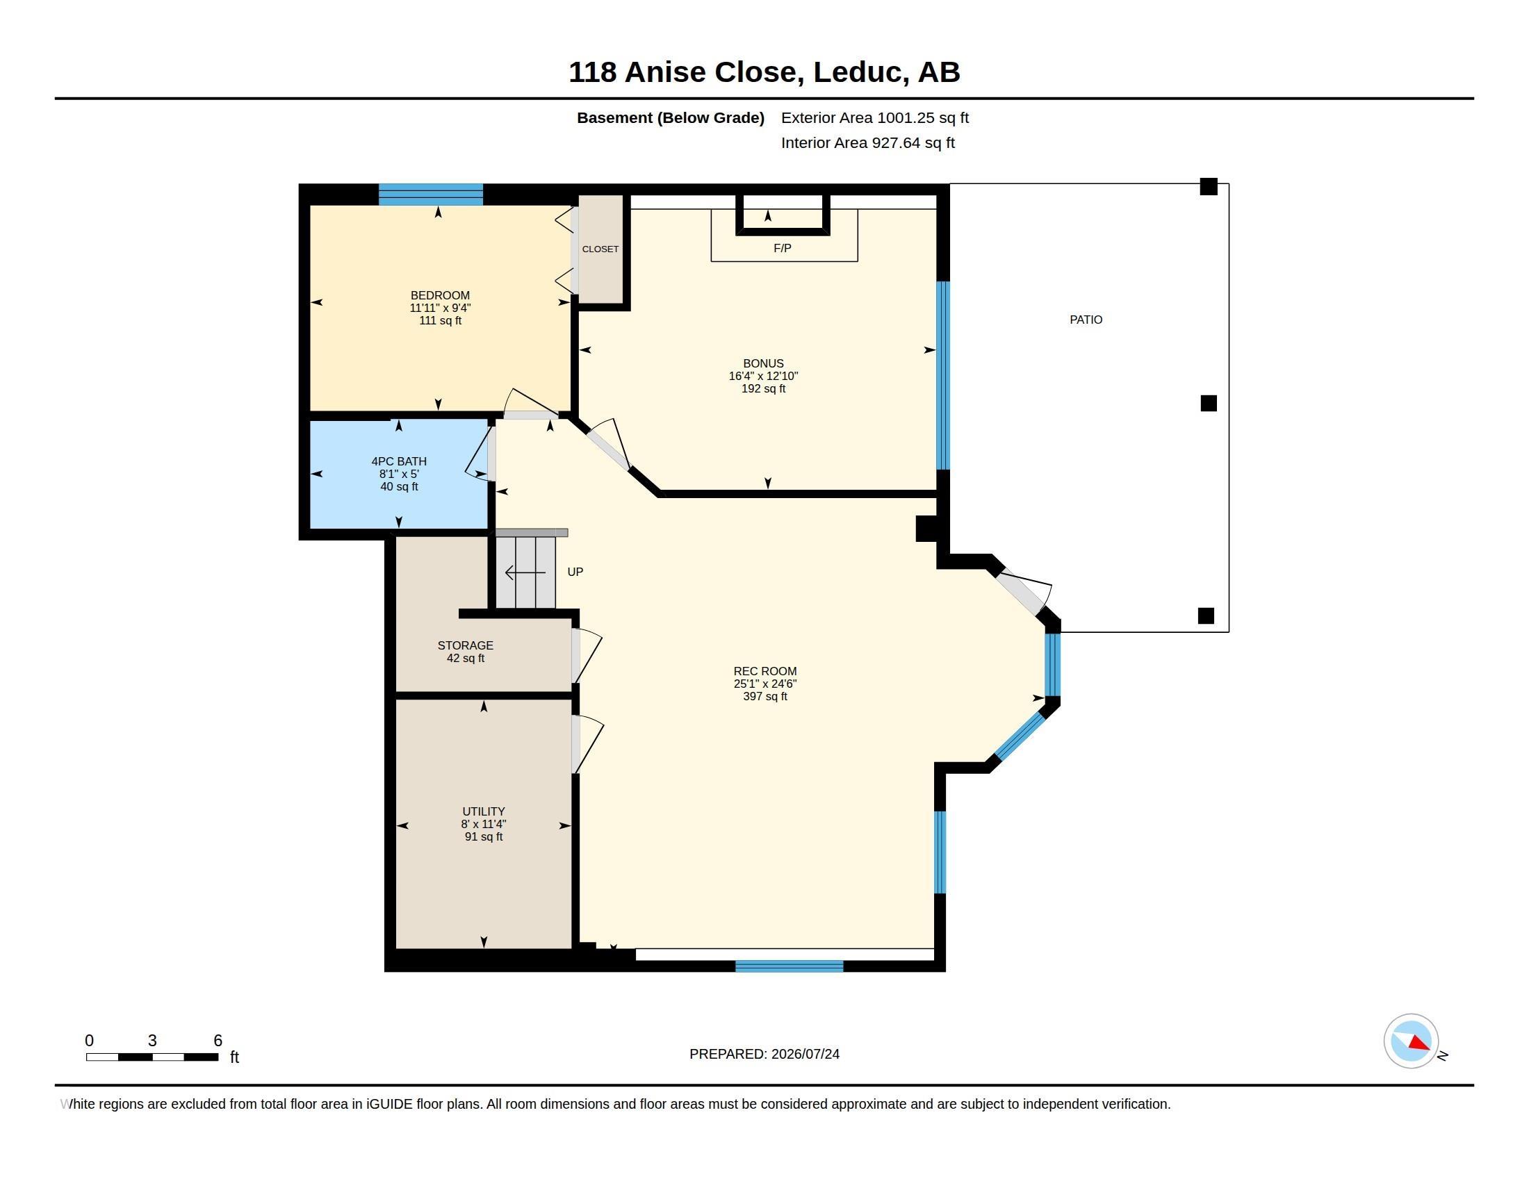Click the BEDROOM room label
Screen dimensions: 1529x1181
pos(440,295)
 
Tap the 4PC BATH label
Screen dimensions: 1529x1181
pos(399,461)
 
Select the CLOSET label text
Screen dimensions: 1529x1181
pos(600,249)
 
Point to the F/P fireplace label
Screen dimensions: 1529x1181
pos(782,249)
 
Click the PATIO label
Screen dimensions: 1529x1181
pos(1086,320)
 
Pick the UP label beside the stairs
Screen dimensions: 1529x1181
pos(575,572)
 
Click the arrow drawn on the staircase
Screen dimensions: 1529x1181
pos(525,573)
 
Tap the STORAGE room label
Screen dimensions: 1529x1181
pos(466,645)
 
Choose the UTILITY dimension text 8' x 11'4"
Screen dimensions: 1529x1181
pos(483,824)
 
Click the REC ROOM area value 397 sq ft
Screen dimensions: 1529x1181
pos(765,696)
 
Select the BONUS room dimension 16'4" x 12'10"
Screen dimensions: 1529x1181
pos(763,376)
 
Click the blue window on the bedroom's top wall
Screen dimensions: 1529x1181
pos(431,195)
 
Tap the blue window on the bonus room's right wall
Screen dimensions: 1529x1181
pos(943,375)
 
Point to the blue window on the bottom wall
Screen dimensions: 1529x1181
pos(789,966)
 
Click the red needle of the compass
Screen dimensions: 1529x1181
pos(1420,1043)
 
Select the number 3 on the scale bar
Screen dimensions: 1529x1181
pos(152,1041)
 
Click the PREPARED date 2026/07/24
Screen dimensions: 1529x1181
pos(805,1054)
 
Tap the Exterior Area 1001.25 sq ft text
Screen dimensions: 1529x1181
pos(874,117)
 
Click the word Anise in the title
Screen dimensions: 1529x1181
pos(664,72)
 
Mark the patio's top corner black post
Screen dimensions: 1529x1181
pos(1209,186)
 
